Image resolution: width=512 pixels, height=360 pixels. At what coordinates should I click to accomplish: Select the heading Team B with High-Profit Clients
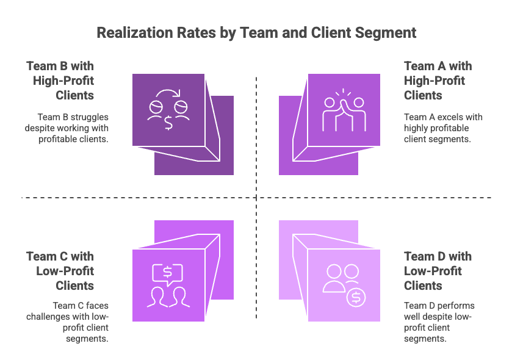(60, 81)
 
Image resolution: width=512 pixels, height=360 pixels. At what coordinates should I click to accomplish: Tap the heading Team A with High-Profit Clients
(438, 81)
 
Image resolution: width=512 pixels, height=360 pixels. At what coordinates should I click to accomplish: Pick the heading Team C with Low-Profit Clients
(60, 271)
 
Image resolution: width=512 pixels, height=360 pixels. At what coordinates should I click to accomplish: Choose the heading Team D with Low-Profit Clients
(438, 271)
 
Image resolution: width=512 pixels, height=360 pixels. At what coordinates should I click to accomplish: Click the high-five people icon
(344, 110)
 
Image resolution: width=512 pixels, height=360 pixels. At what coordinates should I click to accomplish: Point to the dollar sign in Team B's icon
(168, 123)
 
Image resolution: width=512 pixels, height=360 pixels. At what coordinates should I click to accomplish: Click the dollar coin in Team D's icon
(356, 298)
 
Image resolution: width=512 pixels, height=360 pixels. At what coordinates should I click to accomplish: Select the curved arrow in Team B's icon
(168, 93)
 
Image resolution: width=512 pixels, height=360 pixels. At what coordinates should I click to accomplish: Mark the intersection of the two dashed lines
(256, 198)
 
